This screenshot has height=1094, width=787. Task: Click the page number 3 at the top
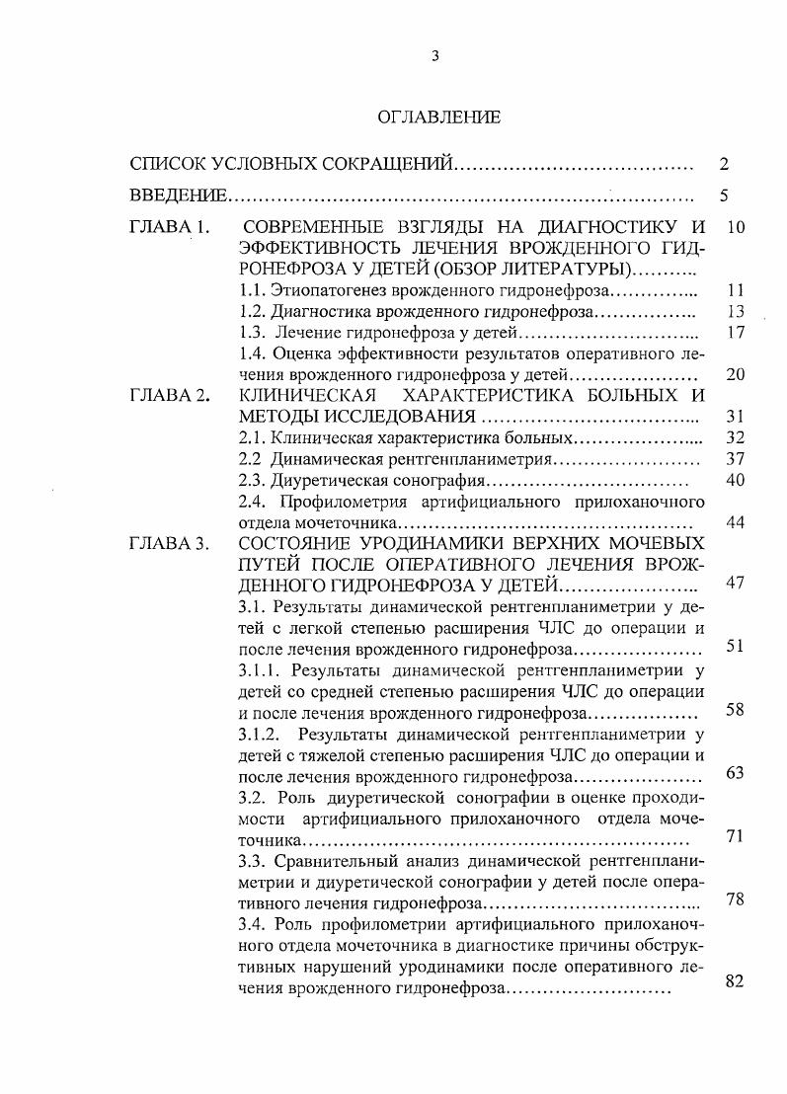coord(434,56)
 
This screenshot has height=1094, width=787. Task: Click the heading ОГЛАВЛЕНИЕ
coord(438,117)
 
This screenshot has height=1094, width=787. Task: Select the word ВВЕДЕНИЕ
coord(178,195)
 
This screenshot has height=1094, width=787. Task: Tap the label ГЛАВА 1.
coord(170,227)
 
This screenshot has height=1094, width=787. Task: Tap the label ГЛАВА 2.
coord(170,396)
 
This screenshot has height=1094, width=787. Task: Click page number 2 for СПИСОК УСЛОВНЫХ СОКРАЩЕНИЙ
coord(724,164)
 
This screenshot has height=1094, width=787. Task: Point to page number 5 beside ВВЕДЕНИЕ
coord(724,195)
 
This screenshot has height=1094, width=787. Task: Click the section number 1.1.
coord(254,290)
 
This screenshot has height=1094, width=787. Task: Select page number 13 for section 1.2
coord(734,311)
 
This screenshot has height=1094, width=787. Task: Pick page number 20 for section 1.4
coord(734,374)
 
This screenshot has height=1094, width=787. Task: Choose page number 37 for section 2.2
coord(734,458)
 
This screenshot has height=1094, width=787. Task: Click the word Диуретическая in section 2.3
coord(322,480)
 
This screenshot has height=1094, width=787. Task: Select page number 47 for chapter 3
coord(734,583)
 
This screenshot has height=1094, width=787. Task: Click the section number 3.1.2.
coord(261,734)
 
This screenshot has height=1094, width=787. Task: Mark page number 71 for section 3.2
coord(734,836)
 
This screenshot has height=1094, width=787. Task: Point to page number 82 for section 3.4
coord(734,981)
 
